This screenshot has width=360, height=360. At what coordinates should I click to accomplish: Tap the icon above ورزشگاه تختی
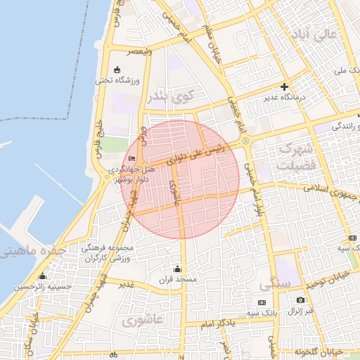(117, 70)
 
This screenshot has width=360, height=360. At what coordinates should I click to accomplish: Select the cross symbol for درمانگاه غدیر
(284, 87)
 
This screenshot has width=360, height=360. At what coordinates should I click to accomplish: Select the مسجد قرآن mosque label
(177, 279)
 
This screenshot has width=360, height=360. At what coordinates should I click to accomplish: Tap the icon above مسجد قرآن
(177, 269)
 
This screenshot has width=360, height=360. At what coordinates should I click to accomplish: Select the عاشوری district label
(142, 321)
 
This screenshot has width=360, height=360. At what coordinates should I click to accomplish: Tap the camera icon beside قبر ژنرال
(300, 300)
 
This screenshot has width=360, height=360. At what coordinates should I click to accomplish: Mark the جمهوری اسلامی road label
(330, 190)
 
